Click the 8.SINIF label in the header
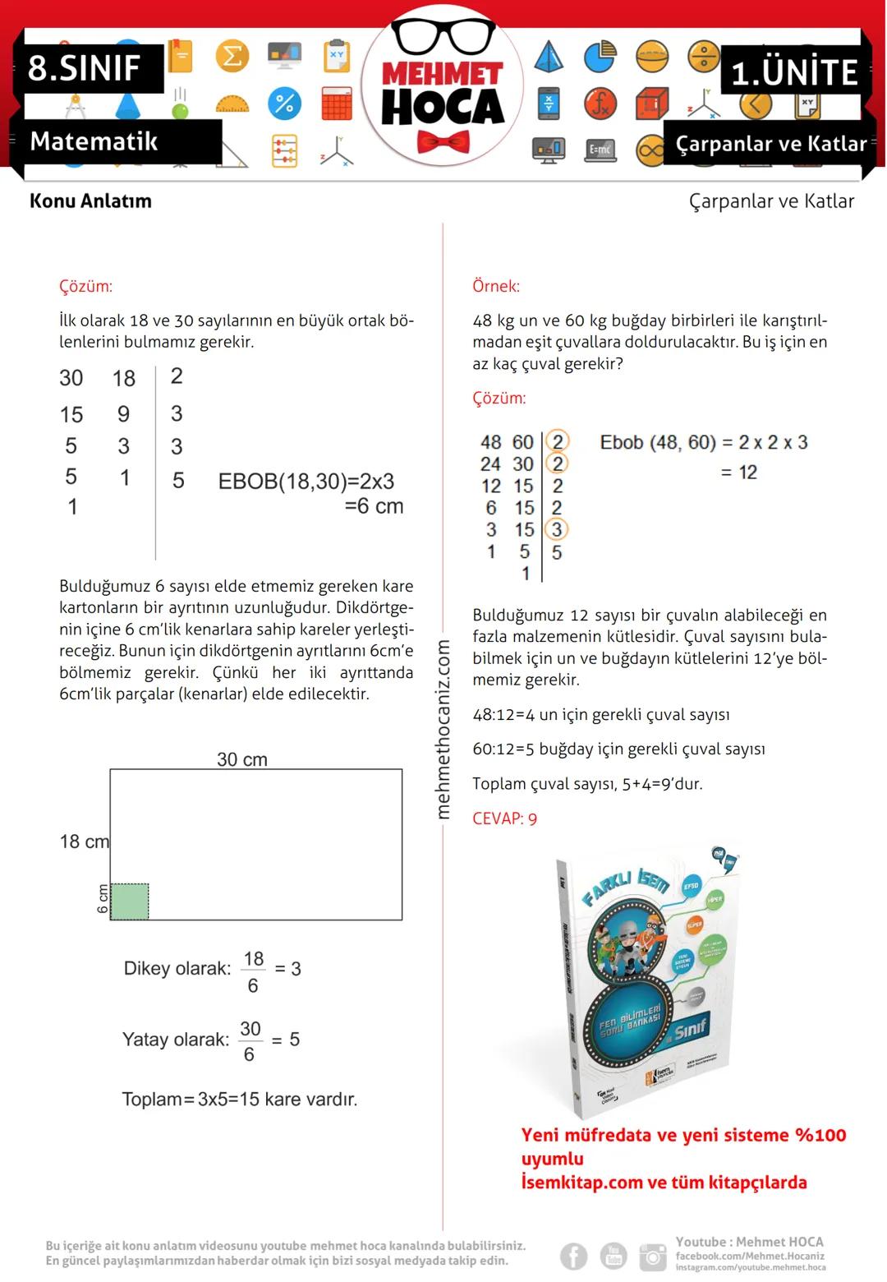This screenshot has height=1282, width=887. [85, 67]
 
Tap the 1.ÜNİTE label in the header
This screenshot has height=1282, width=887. [793, 72]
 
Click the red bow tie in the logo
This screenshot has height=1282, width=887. [443, 142]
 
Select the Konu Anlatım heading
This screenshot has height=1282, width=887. [90, 201]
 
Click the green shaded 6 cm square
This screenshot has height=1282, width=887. [130, 902]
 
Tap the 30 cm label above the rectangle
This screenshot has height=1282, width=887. [242, 759]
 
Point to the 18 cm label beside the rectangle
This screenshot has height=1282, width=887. [84, 842]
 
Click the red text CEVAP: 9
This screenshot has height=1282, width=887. [504, 819]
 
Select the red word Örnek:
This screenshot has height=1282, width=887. [496, 286]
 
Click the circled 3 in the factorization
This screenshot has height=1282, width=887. [557, 529]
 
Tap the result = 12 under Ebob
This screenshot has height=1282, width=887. [738, 473]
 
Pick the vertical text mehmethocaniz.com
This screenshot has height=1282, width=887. [443, 729]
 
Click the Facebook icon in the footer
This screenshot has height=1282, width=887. [574, 1256]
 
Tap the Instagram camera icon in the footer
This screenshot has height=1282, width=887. [653, 1256]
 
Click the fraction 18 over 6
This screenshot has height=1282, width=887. [253, 971]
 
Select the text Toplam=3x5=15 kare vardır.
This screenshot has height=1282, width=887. [240, 1100]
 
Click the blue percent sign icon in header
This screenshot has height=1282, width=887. [284, 104]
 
